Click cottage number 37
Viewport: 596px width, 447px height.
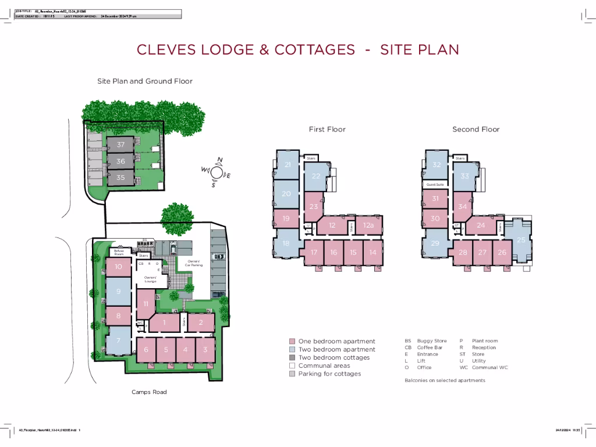[x=120, y=144]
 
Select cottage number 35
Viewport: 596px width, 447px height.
[x=120, y=178]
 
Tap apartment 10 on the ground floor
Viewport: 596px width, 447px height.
[x=118, y=267]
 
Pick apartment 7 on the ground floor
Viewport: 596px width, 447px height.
[x=118, y=340]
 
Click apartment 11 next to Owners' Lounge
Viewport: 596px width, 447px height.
[x=146, y=303]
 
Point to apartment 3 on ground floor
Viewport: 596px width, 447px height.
[x=205, y=349]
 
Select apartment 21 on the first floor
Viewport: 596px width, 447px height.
[x=288, y=165]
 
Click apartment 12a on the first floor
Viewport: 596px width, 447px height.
[x=368, y=225]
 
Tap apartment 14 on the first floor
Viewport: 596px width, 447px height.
[x=372, y=252]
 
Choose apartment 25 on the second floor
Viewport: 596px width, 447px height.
[x=521, y=239]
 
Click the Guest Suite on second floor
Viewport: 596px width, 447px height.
[x=435, y=185]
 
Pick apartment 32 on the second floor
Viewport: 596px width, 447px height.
[x=435, y=165]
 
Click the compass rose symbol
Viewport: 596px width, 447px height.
[x=217, y=172]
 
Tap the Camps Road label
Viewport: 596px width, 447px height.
[x=149, y=392]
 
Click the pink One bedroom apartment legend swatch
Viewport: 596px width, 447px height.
[x=292, y=342]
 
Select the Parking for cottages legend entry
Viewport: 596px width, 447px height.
[x=329, y=374]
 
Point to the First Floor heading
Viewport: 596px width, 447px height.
[x=327, y=129]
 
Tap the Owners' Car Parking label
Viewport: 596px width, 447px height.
[x=194, y=263]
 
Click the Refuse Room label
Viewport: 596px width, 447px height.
[x=119, y=253]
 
